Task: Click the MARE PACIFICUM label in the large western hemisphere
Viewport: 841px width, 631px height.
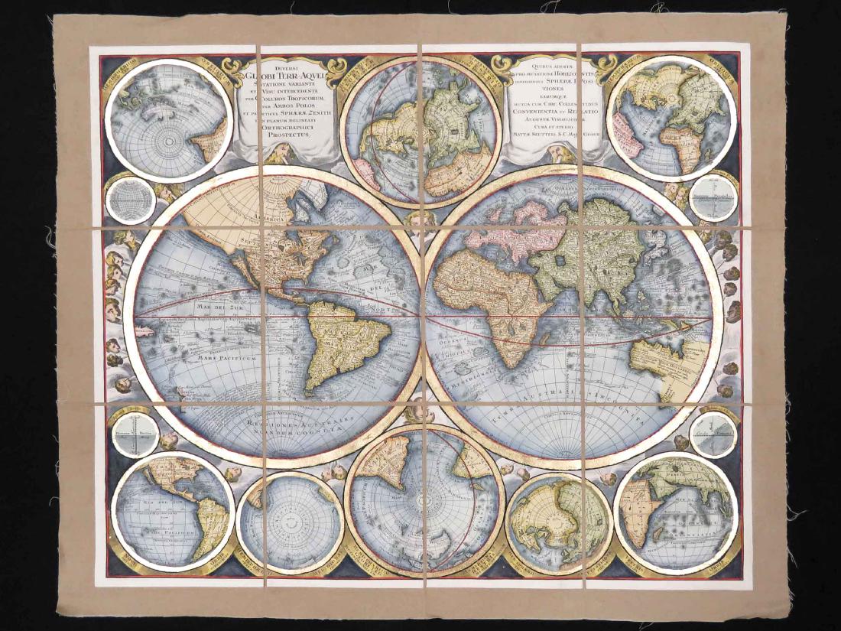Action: click(200, 356)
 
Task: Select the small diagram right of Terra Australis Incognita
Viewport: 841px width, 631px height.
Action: click(712, 434)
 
